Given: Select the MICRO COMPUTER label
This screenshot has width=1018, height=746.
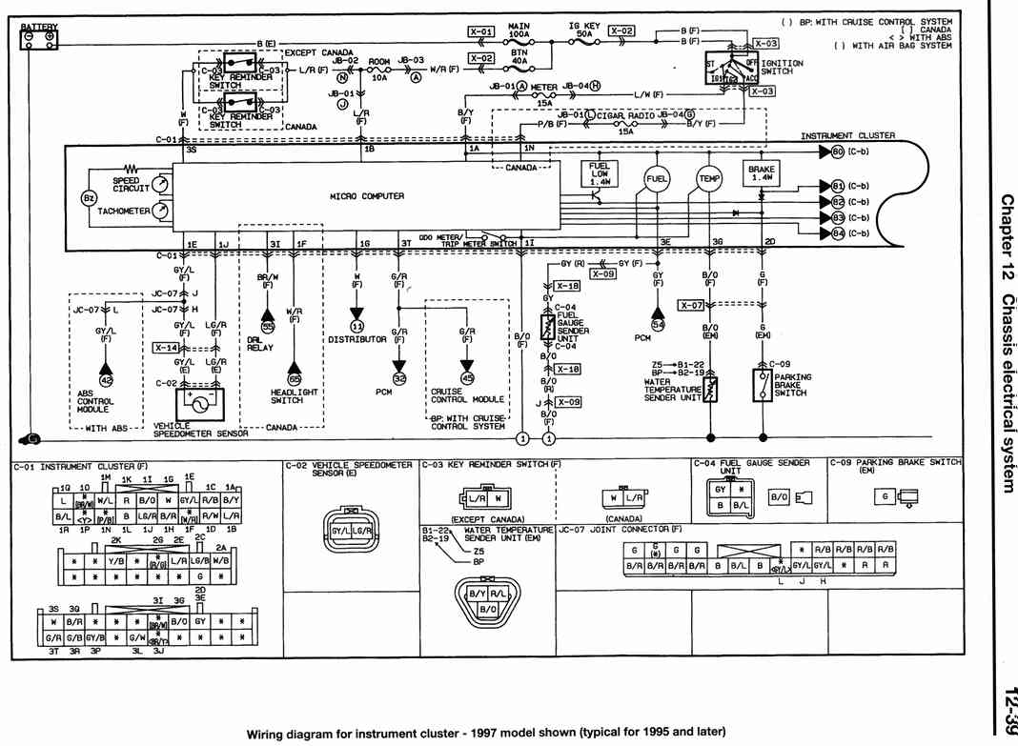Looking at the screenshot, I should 367,196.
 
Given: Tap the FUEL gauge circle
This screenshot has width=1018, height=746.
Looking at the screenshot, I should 657,178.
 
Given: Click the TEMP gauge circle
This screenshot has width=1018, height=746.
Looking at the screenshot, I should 710,178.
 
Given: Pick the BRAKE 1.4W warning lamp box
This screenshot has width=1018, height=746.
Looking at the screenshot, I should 762,172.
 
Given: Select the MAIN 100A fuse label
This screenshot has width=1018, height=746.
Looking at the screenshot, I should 520,30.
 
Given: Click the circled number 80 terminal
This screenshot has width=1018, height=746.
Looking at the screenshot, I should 838,151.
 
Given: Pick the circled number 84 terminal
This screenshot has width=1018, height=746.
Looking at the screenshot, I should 838,233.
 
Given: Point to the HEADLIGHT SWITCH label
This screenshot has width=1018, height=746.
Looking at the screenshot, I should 294,396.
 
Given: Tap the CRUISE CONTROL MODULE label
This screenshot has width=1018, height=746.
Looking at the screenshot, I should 466,396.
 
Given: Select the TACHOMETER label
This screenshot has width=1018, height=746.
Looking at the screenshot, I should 122,211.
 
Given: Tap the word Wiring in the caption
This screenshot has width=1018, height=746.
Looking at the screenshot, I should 270,733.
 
